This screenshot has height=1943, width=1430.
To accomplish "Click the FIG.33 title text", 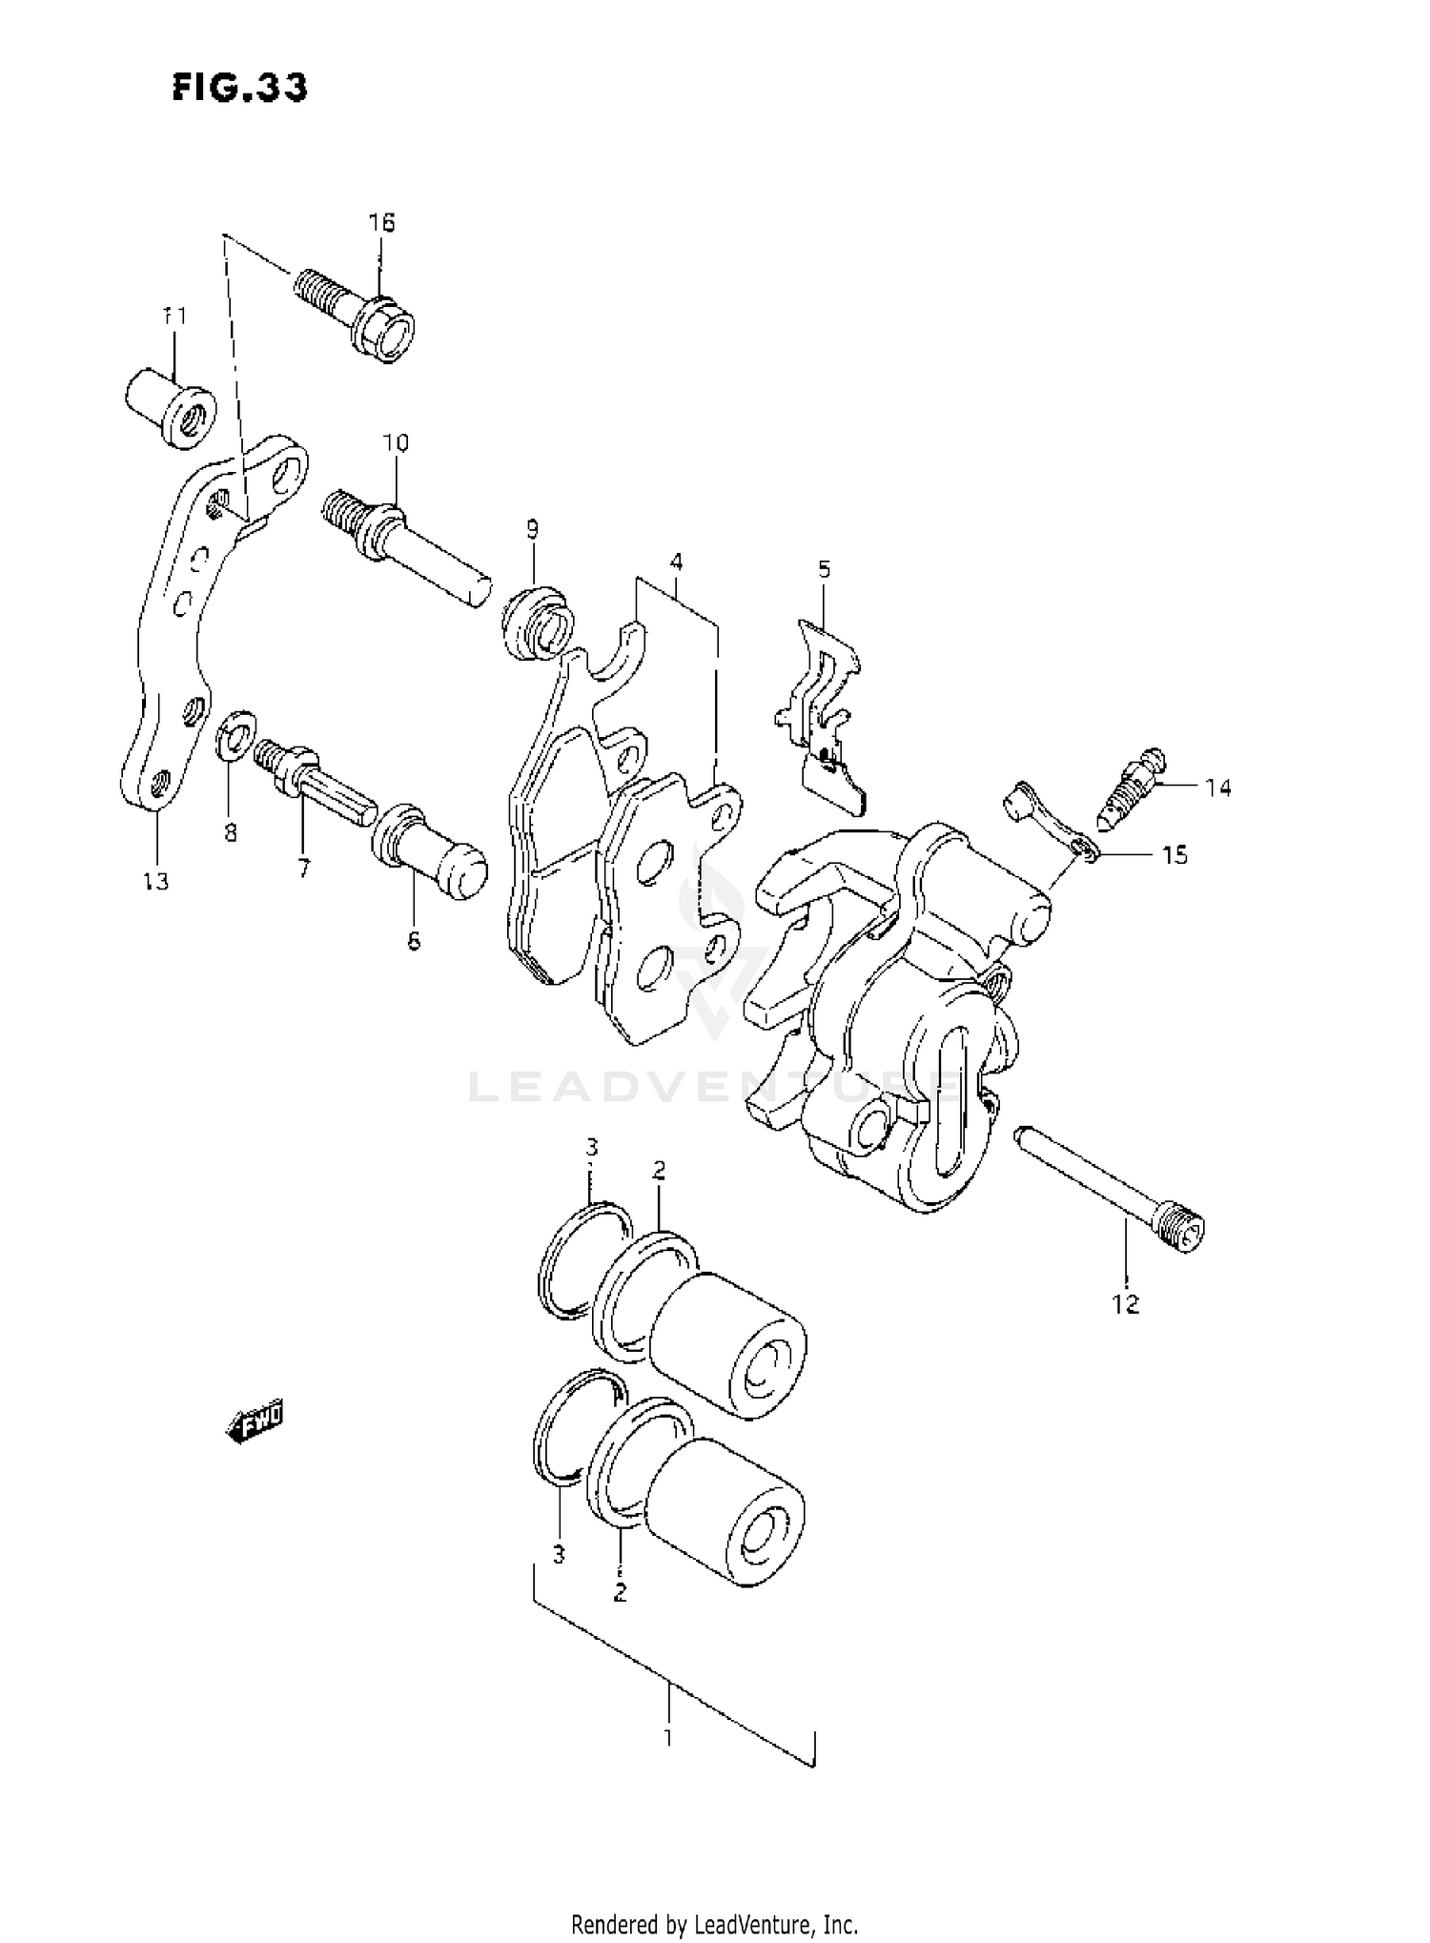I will click(x=240, y=88).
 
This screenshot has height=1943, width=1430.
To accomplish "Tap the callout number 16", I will click(x=381, y=222).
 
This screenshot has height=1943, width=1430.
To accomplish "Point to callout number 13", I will click(x=155, y=881).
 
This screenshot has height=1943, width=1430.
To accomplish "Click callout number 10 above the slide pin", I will click(x=396, y=442).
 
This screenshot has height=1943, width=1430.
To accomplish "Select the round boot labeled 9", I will click(x=538, y=624).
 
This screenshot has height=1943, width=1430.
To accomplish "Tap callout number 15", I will click(x=1175, y=855).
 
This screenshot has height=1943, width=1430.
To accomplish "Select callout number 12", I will click(x=1125, y=1304).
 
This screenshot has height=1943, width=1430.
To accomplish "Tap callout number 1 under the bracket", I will click(x=668, y=1737).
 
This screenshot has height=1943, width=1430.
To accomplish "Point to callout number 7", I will click(x=303, y=869).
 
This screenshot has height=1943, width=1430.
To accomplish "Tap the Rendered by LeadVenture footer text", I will click(x=714, y=1923).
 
